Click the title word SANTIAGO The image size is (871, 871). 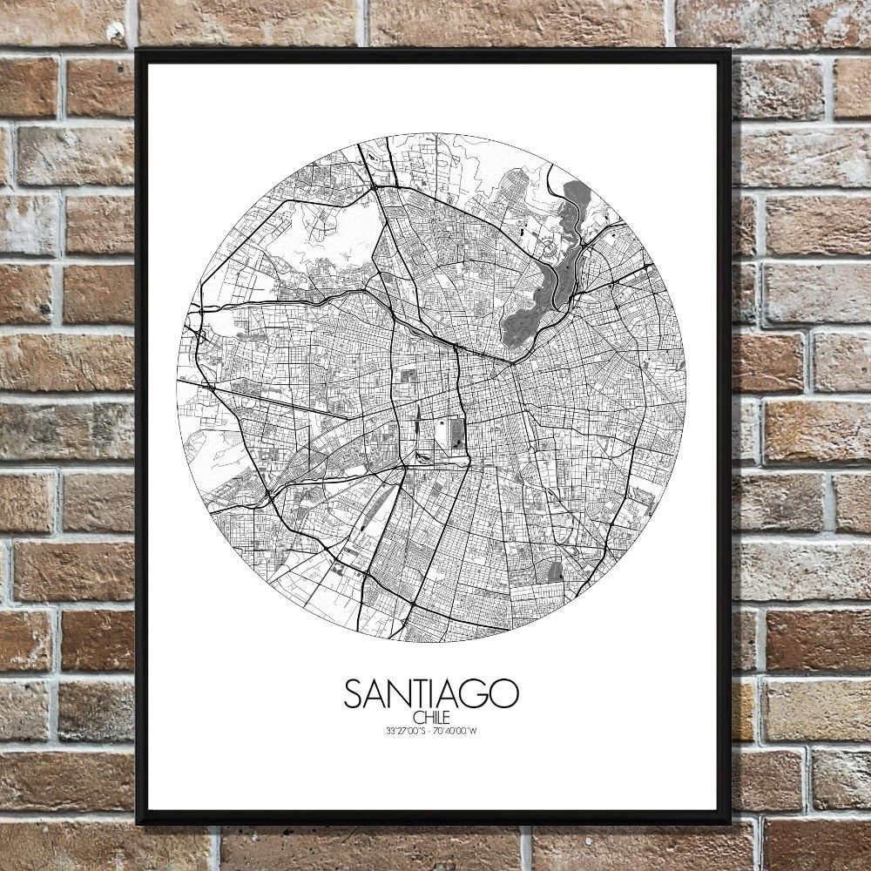pyautogui.click(x=431, y=693)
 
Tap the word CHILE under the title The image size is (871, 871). pyautogui.click(x=431, y=717)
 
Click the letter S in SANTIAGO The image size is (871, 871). pyautogui.click(x=354, y=693)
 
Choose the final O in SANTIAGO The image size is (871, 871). pyautogui.click(x=504, y=693)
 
